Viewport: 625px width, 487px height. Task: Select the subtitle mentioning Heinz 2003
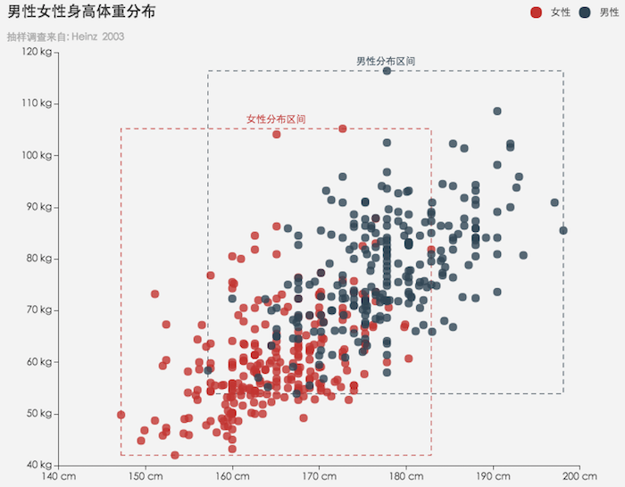click(65, 37)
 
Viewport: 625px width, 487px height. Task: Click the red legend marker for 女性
click(536, 12)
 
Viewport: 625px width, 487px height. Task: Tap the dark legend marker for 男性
click(585, 12)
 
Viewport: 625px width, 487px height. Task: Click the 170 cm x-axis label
click(319, 475)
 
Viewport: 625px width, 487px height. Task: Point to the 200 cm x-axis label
click(579, 475)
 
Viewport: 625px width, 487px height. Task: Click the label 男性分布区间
click(386, 61)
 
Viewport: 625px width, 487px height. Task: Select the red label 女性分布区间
click(276, 119)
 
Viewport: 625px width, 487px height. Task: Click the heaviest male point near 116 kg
click(387, 70)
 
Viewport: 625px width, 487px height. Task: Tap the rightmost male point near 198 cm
click(563, 230)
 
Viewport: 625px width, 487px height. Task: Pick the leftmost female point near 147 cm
click(121, 415)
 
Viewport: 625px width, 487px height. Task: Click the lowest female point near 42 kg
click(175, 455)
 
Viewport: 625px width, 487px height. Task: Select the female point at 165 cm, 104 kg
click(277, 134)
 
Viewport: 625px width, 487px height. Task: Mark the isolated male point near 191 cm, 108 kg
click(497, 111)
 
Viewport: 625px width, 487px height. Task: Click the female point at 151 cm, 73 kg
click(154, 293)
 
